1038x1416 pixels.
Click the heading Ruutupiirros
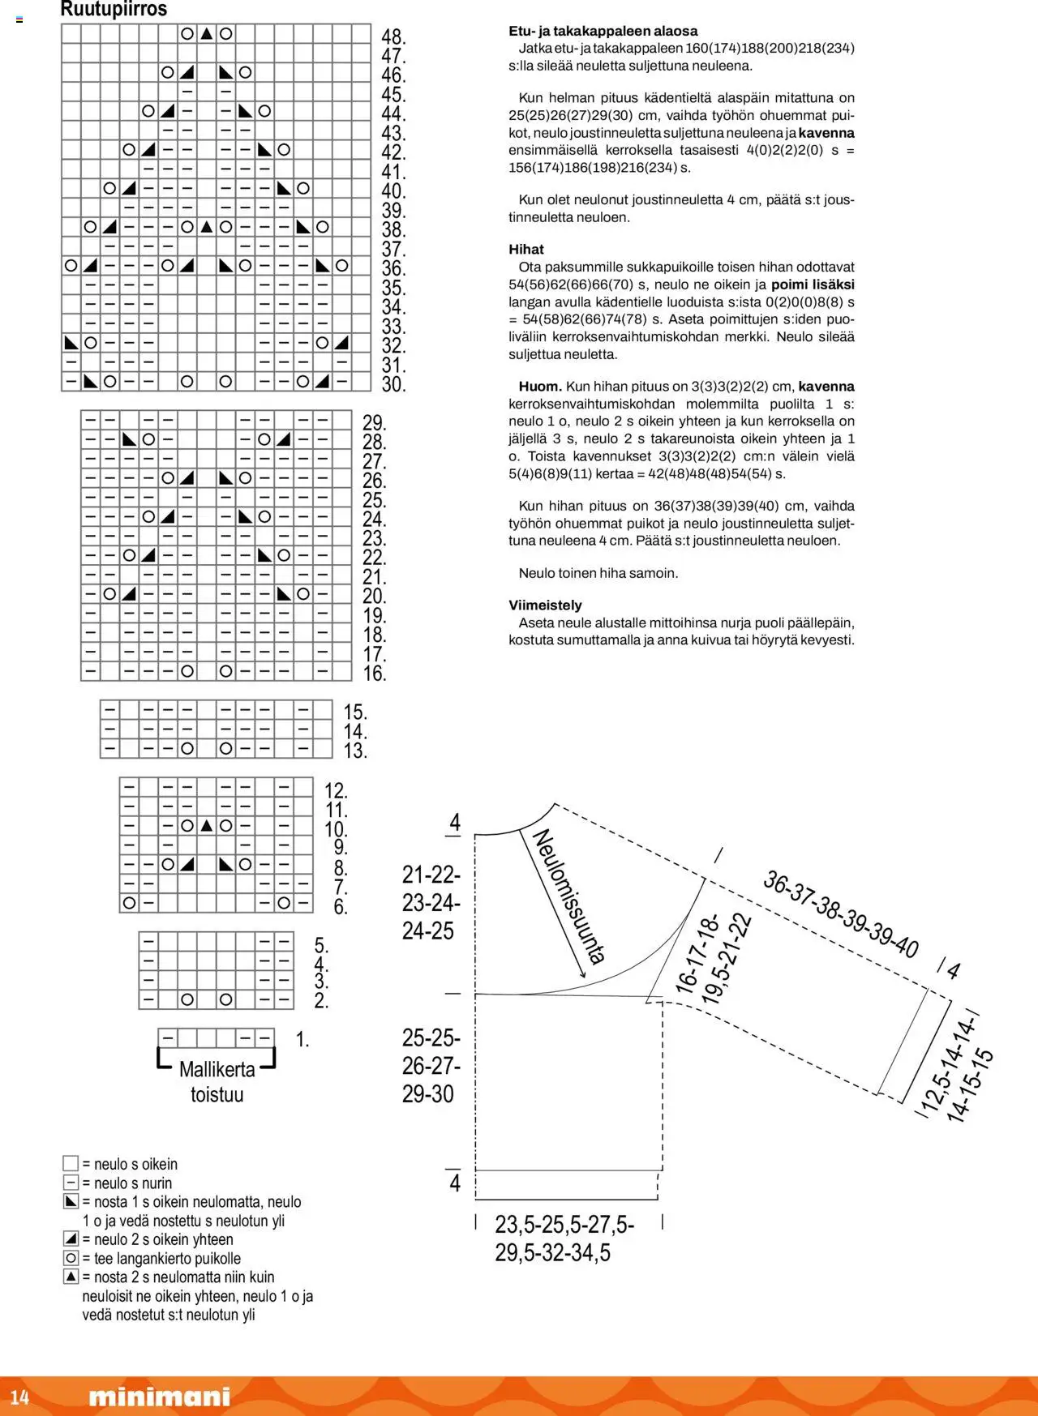[114, 10]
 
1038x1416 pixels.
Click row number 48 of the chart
[393, 36]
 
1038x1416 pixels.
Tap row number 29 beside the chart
[374, 422]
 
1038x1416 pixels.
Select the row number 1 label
[302, 1039]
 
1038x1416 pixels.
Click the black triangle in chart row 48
[207, 34]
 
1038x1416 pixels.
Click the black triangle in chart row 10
[207, 826]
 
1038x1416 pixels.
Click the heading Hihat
[526, 250]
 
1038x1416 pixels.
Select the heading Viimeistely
[545, 605]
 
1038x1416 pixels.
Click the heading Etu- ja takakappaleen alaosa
[603, 31]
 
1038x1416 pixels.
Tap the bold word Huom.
[540, 387]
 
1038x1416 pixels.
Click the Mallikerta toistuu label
[217, 1081]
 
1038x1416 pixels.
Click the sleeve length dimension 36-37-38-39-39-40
[840, 914]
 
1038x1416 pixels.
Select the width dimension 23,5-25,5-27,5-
[564, 1224]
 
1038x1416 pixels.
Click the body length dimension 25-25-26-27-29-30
[431, 1065]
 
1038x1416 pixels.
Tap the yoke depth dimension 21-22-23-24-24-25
[431, 902]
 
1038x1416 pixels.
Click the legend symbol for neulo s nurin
[71, 1183]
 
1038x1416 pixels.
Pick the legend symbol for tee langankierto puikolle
[71, 1258]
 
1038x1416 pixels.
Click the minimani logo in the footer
[159, 1397]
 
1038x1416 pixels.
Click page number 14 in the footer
[19, 1397]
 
